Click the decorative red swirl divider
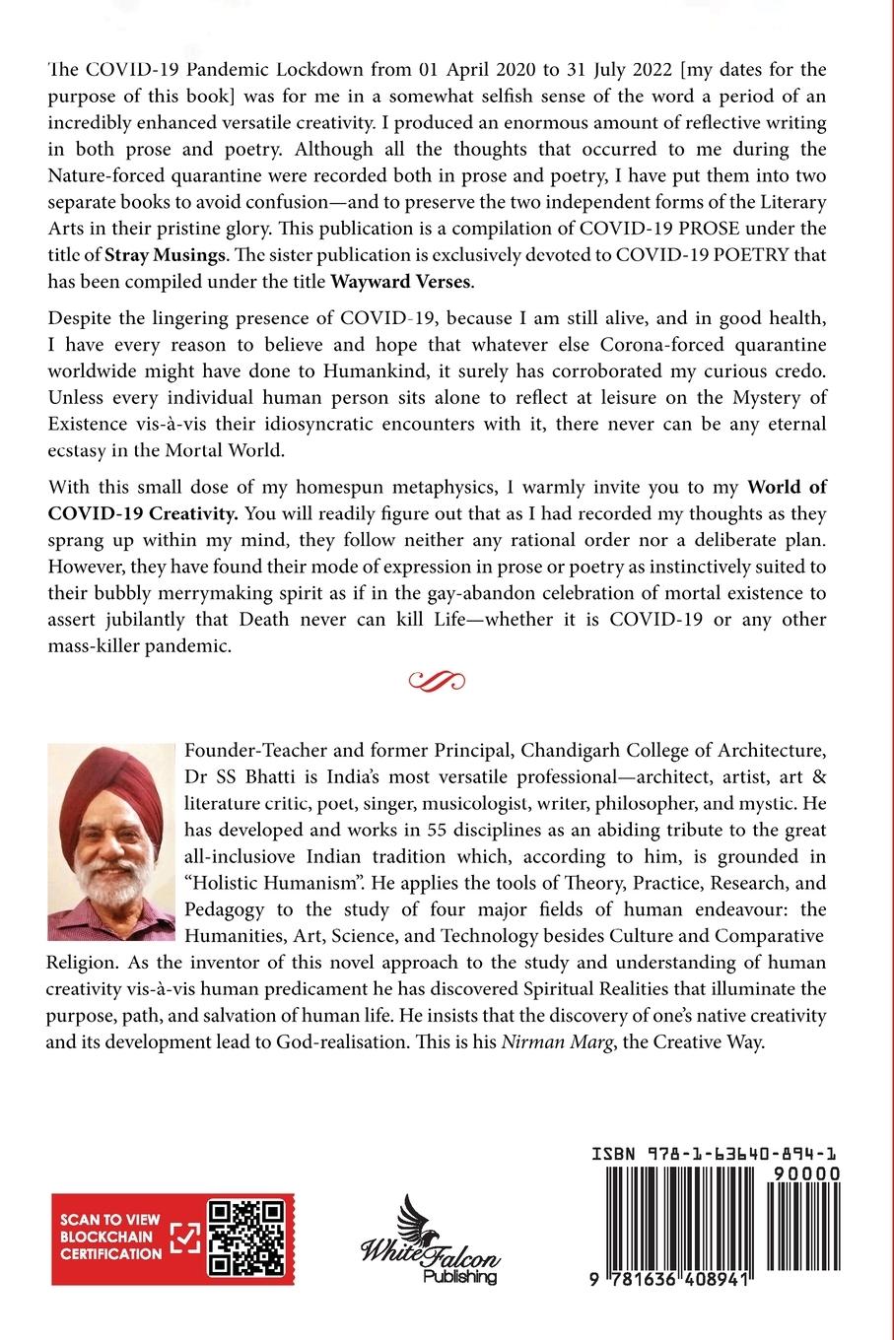point(436,679)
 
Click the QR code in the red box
point(248,1238)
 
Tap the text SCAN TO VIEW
point(110,1220)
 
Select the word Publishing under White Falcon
point(460,1277)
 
